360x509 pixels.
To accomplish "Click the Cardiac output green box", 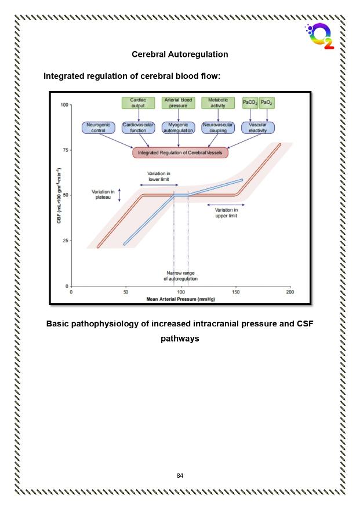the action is pyautogui.click(x=138, y=103).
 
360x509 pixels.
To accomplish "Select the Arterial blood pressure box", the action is pyautogui.click(x=178, y=103).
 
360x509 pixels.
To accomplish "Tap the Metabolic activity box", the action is pyautogui.click(x=218, y=103).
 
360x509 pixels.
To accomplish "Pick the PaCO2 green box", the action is pyautogui.click(x=250, y=103).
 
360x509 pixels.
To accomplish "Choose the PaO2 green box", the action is pyautogui.click(x=267, y=103).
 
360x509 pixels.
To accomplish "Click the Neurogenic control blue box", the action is pyautogui.click(x=99, y=128).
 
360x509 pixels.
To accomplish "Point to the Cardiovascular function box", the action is pyautogui.click(x=138, y=128).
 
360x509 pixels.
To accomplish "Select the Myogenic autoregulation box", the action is pyautogui.click(x=178, y=128).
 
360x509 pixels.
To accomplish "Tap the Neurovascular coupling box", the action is pyautogui.click(x=218, y=128).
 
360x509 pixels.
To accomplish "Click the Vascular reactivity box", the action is pyautogui.click(x=258, y=128).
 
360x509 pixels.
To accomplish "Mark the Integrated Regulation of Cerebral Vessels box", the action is pyautogui.click(x=180, y=152).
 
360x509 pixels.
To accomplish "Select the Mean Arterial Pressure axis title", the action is pyautogui.click(x=180, y=299).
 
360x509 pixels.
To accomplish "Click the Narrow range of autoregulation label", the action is pyautogui.click(x=180, y=276).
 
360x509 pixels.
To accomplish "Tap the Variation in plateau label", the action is pyautogui.click(x=103, y=194).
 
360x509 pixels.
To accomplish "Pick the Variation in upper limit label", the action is pyautogui.click(x=226, y=213).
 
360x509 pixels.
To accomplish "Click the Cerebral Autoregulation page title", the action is pyautogui.click(x=180, y=54).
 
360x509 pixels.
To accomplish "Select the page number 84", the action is pyautogui.click(x=180, y=475).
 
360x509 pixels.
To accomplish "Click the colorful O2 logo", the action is pyautogui.click(x=320, y=36).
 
